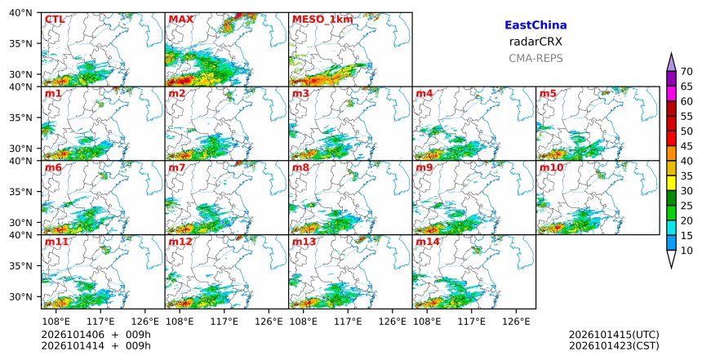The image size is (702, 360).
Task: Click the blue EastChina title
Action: click(535, 25)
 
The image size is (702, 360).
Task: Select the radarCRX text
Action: click(535, 42)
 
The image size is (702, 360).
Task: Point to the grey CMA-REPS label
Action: click(535, 58)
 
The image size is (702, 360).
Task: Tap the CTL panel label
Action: click(55, 20)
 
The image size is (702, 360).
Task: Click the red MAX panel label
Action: click(181, 20)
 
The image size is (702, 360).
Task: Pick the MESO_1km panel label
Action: click(322, 20)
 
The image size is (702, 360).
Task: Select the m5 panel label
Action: click(548, 94)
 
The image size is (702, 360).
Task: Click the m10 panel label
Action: click(551, 168)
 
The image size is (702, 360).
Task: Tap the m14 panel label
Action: click(428, 242)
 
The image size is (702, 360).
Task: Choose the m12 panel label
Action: click(180, 242)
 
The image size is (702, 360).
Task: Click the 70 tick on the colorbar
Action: click(686, 72)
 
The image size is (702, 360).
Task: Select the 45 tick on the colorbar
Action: click(686, 146)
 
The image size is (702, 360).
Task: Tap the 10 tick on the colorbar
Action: click(686, 251)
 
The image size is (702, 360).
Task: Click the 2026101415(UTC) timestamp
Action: click(614, 335)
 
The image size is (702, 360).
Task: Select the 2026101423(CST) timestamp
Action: click(614, 346)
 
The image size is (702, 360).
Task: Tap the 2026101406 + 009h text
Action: click(96, 335)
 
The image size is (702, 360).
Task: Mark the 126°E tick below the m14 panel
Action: click(516, 322)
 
